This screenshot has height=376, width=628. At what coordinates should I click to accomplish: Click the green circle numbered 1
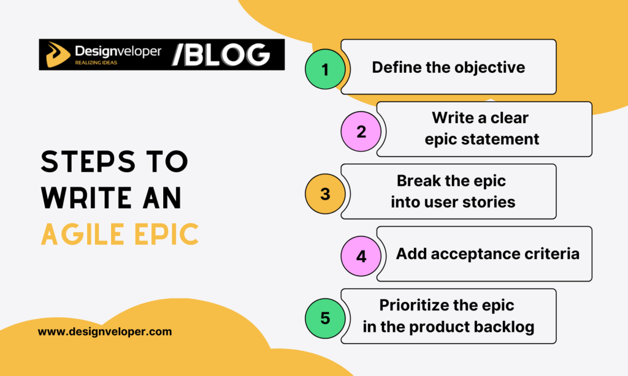tap(325, 69)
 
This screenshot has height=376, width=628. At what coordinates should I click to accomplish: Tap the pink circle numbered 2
tap(361, 132)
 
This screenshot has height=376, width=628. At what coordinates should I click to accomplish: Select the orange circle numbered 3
tap(325, 194)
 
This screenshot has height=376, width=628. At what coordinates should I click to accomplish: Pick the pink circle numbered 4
tap(361, 256)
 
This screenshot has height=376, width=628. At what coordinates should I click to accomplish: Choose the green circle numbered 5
tap(325, 318)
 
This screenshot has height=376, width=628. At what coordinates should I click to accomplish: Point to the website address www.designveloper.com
tap(105, 332)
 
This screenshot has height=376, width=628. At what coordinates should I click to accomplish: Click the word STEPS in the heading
tap(85, 162)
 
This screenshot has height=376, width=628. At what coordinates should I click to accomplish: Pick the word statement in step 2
tap(502, 139)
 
